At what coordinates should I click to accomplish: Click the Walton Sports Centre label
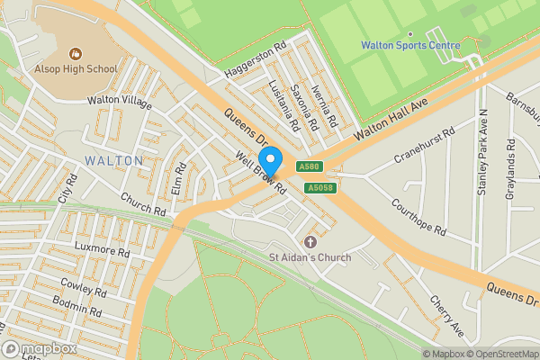click(410, 45)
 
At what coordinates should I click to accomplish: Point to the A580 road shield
click(310, 166)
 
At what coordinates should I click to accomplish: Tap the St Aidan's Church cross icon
click(310, 242)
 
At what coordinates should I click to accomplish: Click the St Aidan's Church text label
click(310, 257)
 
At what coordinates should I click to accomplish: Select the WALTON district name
click(114, 160)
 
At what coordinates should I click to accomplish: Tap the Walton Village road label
click(119, 102)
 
